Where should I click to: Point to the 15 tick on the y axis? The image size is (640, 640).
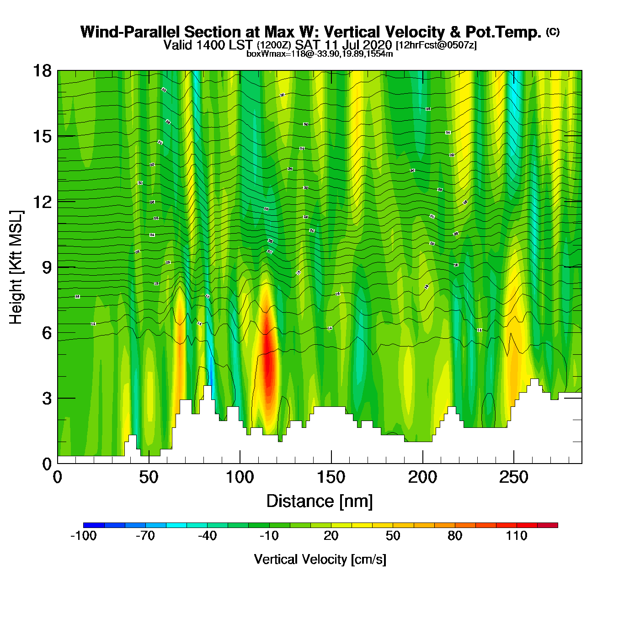point(42,136)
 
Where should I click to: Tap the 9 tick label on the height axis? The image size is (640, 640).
point(47,267)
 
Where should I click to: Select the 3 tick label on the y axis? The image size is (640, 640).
point(47,399)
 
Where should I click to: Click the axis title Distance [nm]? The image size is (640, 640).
point(320,501)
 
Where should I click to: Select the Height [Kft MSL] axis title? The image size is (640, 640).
point(16,267)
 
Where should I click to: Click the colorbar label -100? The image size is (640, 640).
point(83,536)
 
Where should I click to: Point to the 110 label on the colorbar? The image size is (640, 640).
point(517,536)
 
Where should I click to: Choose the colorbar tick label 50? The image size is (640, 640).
point(393,536)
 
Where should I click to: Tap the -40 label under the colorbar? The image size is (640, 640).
point(207,536)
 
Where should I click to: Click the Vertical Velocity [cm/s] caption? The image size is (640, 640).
point(320,559)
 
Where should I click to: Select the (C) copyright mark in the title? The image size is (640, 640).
point(553,32)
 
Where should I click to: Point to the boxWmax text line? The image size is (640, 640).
point(320,54)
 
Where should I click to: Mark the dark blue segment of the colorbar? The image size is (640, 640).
point(94,525)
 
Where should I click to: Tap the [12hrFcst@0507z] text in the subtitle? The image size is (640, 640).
point(436,45)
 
